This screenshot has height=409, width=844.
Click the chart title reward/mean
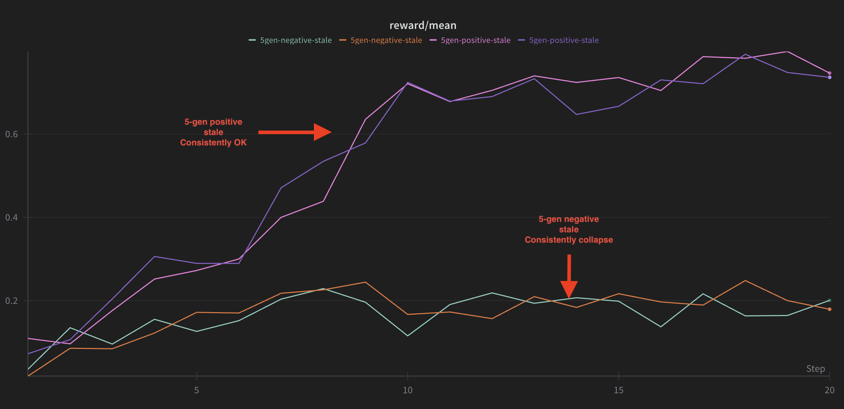point(423,25)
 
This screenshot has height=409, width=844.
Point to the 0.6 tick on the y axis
point(11,134)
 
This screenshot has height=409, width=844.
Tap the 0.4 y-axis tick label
point(11,217)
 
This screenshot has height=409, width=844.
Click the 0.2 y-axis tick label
point(11,301)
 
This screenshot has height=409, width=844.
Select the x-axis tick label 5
point(197,390)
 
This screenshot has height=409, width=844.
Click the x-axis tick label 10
point(407,390)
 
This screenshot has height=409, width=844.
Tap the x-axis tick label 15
point(619,390)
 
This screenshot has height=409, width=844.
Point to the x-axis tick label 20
point(829,390)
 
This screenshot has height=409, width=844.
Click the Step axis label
point(815,369)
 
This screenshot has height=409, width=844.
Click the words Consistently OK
point(213,143)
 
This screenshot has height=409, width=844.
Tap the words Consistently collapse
point(569,240)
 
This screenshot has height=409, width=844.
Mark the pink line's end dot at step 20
point(830,73)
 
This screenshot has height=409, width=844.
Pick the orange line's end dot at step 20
point(830,309)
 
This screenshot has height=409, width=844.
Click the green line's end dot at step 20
point(830,300)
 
